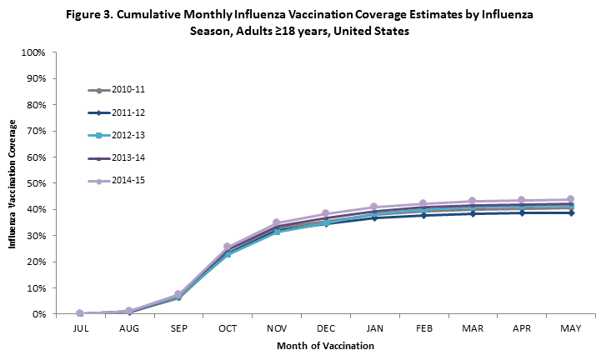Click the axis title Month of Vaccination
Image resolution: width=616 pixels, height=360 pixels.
[323, 345]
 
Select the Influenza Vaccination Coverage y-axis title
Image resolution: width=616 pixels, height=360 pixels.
[13, 183]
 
